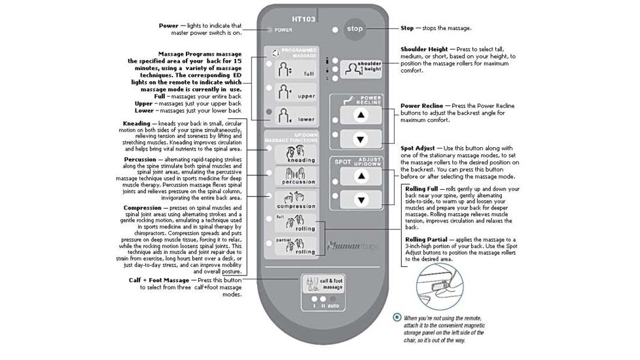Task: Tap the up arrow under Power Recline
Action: click(x=359, y=114)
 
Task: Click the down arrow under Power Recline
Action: click(x=359, y=139)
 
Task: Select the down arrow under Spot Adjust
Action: click(x=359, y=200)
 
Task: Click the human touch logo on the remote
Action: click(x=354, y=247)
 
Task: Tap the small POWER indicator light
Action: click(x=268, y=29)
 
